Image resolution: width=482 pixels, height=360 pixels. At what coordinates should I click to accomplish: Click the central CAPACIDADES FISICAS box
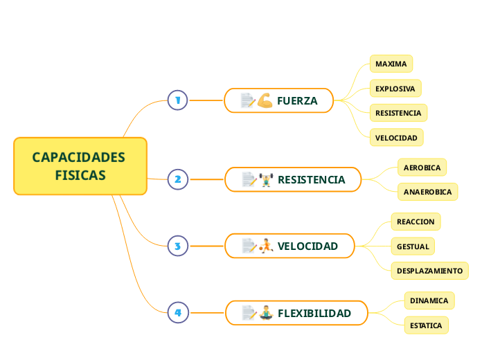pyautogui.click(x=80, y=166)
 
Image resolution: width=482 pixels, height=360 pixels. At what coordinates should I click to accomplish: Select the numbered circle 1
pyautogui.click(x=177, y=100)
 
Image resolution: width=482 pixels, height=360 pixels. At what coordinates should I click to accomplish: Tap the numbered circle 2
pyautogui.click(x=177, y=179)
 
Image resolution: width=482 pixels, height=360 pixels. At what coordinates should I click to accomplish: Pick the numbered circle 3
pyautogui.click(x=177, y=246)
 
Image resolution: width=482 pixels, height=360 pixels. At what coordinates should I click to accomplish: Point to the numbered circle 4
pyautogui.click(x=177, y=313)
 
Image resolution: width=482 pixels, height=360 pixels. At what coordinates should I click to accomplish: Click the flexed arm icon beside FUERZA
pyautogui.click(x=265, y=100)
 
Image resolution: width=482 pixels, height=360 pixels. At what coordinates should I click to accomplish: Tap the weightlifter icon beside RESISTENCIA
pyautogui.click(x=266, y=179)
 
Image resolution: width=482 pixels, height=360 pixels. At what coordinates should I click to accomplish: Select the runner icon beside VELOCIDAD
pyautogui.click(x=266, y=246)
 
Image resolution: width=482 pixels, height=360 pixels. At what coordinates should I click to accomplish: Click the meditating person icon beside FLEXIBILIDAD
pyautogui.click(x=266, y=313)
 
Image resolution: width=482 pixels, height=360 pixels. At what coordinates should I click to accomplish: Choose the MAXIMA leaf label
pyautogui.click(x=391, y=64)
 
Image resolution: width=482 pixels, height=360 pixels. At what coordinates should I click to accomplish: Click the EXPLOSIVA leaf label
pyautogui.click(x=395, y=89)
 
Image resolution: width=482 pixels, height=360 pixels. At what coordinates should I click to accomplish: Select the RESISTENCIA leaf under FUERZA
pyautogui.click(x=398, y=113)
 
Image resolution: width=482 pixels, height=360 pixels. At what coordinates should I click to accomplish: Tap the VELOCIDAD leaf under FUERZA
pyautogui.click(x=396, y=138)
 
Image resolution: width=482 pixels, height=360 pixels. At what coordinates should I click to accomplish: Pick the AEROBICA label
pyautogui.click(x=422, y=168)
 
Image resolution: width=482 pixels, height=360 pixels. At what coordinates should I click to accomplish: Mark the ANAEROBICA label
pyautogui.click(x=427, y=192)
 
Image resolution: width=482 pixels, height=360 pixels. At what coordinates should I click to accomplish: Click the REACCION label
pyautogui.click(x=416, y=222)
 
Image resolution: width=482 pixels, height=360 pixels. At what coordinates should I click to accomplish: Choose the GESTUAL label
pyautogui.click(x=413, y=246)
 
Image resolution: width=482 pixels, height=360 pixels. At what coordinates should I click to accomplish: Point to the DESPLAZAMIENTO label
pyautogui.click(x=429, y=270)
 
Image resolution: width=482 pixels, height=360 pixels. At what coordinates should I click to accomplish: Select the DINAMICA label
pyautogui.click(x=429, y=300)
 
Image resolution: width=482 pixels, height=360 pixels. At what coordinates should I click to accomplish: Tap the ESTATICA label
pyautogui.click(x=426, y=325)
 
